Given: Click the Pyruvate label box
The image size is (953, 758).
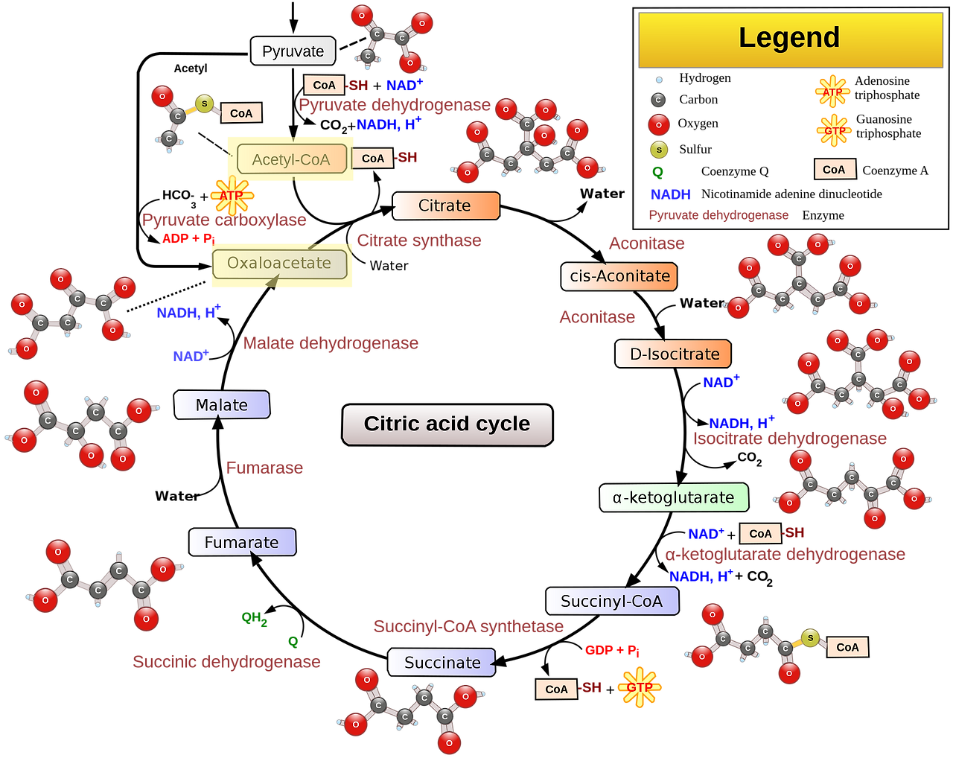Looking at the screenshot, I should [293, 51].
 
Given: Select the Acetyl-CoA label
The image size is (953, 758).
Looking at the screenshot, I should [290, 159].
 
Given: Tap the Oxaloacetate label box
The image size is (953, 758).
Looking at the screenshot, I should [279, 264].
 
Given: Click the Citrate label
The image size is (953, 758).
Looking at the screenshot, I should [445, 206].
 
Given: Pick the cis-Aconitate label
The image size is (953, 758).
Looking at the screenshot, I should [619, 276].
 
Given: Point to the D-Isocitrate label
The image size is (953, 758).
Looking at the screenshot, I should [673, 354].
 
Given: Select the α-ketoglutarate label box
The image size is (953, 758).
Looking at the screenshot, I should [673, 497].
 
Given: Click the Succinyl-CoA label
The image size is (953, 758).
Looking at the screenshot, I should [611, 602].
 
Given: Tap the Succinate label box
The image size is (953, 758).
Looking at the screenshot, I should [442, 663].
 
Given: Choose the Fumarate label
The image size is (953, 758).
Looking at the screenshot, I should [242, 543].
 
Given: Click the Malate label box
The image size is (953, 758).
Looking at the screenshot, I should [221, 405].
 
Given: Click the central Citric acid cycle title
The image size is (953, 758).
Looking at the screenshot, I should [447, 424].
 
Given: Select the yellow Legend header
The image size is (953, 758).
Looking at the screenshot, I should [789, 39].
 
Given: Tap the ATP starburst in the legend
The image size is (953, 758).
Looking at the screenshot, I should [832, 93].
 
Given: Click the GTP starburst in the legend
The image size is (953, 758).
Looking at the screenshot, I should [834, 131].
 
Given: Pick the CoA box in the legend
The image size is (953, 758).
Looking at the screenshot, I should [834, 170].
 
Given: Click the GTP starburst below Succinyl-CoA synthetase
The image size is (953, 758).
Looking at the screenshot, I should [640, 687].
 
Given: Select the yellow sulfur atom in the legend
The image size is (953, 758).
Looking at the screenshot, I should [659, 150].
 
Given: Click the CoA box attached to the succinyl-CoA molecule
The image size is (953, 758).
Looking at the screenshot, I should [847, 647].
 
